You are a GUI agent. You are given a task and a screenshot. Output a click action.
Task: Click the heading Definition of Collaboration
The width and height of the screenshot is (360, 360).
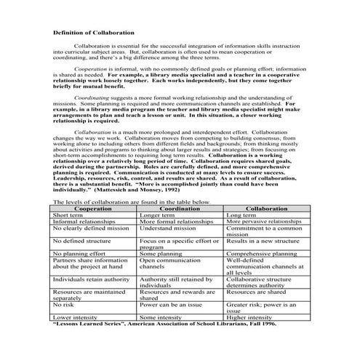tap(93, 33)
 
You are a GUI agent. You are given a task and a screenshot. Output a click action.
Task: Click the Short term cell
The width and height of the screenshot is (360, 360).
tap(68, 196)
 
